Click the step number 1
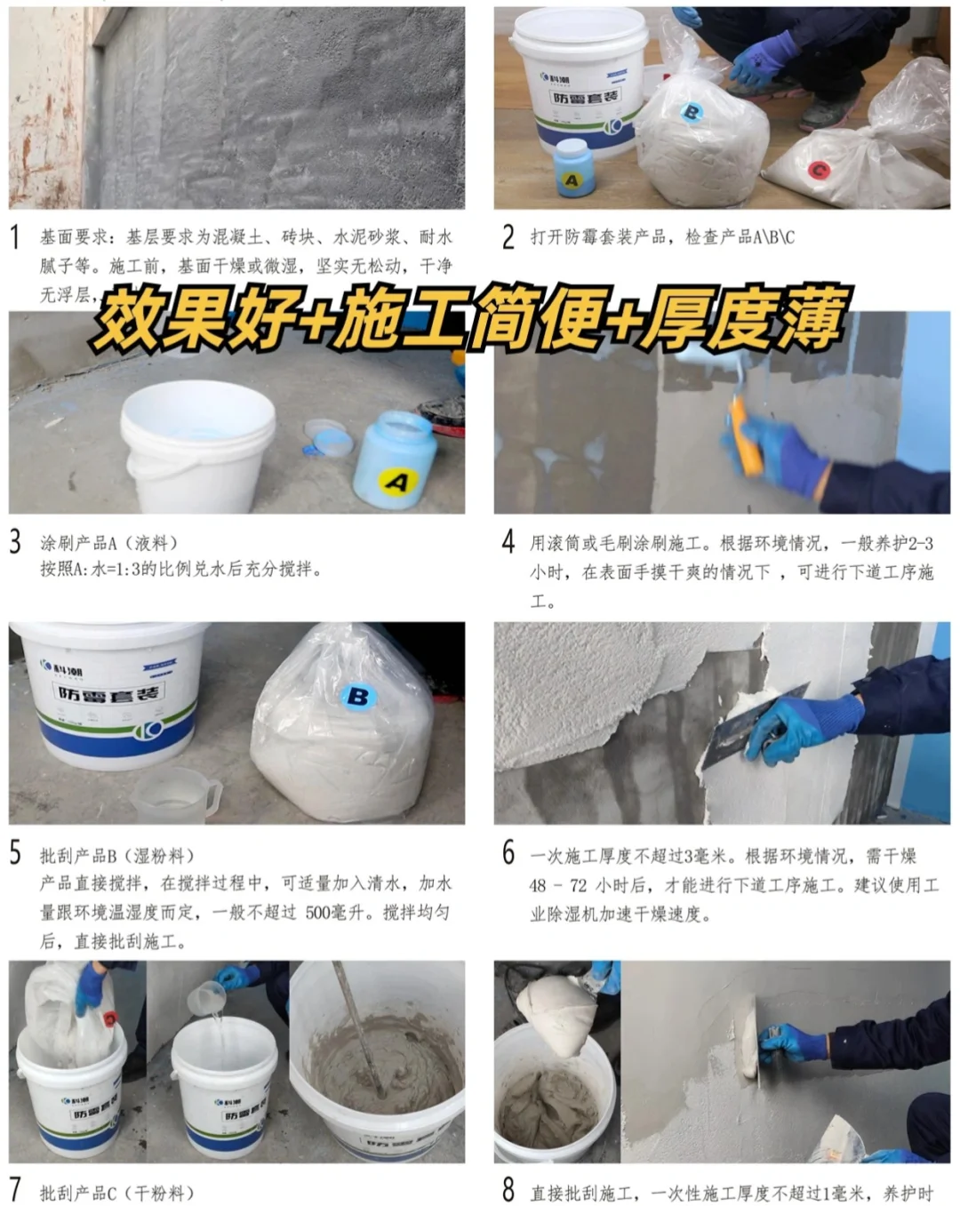[15, 236]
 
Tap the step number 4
[508, 541]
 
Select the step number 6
[508, 853]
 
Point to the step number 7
[15, 1189]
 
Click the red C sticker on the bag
[819, 170]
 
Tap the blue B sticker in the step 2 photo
[691, 112]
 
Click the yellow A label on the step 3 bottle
[397, 481]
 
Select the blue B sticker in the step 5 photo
[357, 696]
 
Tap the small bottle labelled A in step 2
[572, 169]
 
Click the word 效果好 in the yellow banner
[191, 317]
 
